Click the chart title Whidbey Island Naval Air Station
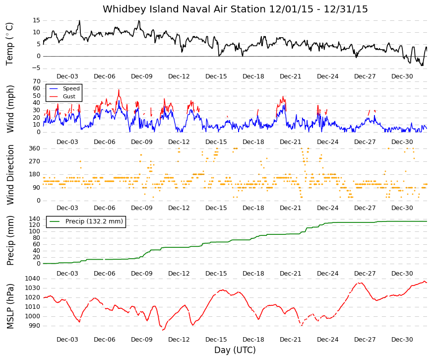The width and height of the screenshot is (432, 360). tap(185, 9)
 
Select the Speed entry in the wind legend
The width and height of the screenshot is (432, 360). tap(71, 88)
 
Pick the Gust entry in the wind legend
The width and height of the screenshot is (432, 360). tap(69, 96)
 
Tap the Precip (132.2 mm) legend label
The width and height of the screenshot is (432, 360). tap(94, 221)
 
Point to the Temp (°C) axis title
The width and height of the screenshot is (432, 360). tap(9, 44)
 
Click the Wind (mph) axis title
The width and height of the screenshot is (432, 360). tap(10, 109)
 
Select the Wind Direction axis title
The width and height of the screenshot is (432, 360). tap(10, 175)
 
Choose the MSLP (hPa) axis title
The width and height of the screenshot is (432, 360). tap(10, 306)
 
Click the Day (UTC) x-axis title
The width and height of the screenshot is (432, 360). tap(235, 350)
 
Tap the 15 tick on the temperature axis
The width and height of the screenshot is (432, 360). tap(36, 20)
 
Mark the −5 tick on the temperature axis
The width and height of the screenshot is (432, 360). tap(35, 68)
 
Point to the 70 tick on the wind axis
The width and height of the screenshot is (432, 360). tap(36, 81)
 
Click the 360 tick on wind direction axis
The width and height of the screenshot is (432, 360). tap(35, 148)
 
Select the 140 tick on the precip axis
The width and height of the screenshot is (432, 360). tap(35, 219)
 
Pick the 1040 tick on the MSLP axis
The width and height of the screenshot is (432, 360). tap(33, 279)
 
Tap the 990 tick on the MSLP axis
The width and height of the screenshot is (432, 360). tap(35, 326)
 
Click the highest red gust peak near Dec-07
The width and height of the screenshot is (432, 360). tap(119, 90)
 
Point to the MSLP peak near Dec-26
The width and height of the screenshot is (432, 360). tap(360, 283)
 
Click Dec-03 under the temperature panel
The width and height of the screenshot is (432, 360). tap(67, 76)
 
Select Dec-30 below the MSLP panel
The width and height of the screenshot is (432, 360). tap(402, 340)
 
